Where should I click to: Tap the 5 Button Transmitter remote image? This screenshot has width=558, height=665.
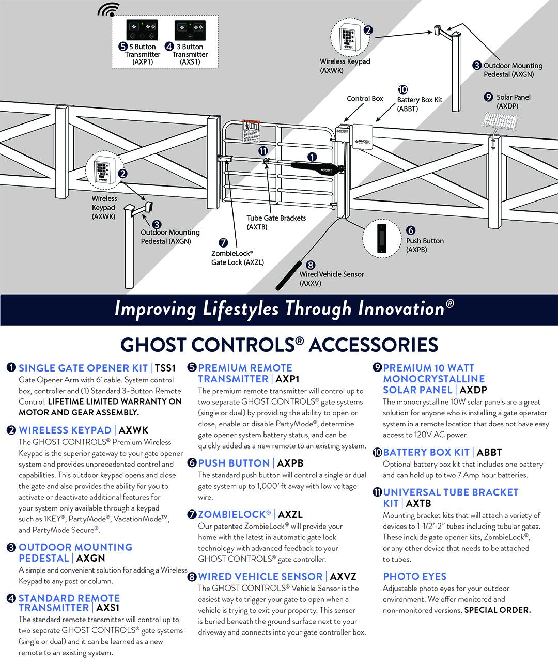143,30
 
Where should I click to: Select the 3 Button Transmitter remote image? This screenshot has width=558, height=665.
190,30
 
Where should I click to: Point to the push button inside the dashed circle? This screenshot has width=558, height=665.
382,238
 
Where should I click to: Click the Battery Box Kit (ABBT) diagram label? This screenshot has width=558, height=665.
419,104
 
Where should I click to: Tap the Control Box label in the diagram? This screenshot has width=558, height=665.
365,98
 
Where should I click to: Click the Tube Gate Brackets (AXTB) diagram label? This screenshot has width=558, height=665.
276,222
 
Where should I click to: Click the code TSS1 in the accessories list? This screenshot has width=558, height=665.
165,368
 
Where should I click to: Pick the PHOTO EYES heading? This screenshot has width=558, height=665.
414,577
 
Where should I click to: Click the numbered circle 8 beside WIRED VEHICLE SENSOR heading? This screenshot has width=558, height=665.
192,577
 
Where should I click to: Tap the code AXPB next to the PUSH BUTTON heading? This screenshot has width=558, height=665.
290,463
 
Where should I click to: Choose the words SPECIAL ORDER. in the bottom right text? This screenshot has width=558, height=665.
497,610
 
